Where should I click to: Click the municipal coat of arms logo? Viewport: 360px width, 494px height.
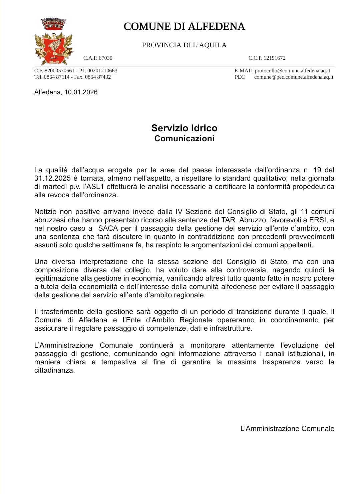click(x=53, y=42)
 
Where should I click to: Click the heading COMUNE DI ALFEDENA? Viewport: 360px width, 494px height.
click(x=184, y=27)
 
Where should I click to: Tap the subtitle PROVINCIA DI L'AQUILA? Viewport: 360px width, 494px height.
click(x=184, y=45)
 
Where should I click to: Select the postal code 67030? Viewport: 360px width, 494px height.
click(x=105, y=58)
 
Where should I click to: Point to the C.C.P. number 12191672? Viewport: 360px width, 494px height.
click(x=274, y=58)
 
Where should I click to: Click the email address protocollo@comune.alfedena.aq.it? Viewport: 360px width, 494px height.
click(x=292, y=71)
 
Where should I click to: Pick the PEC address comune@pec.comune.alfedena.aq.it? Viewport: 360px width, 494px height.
click(x=294, y=77)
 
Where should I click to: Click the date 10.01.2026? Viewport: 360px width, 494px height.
click(x=81, y=92)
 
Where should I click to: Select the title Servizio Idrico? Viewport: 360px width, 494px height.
click(x=184, y=128)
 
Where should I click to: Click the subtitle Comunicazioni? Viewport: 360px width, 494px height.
click(x=184, y=139)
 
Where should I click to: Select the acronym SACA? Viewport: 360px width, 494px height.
click(x=108, y=228)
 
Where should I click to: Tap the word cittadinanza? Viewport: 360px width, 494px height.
click(x=54, y=370)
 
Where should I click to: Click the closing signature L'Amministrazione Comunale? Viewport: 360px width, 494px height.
click(x=287, y=429)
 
